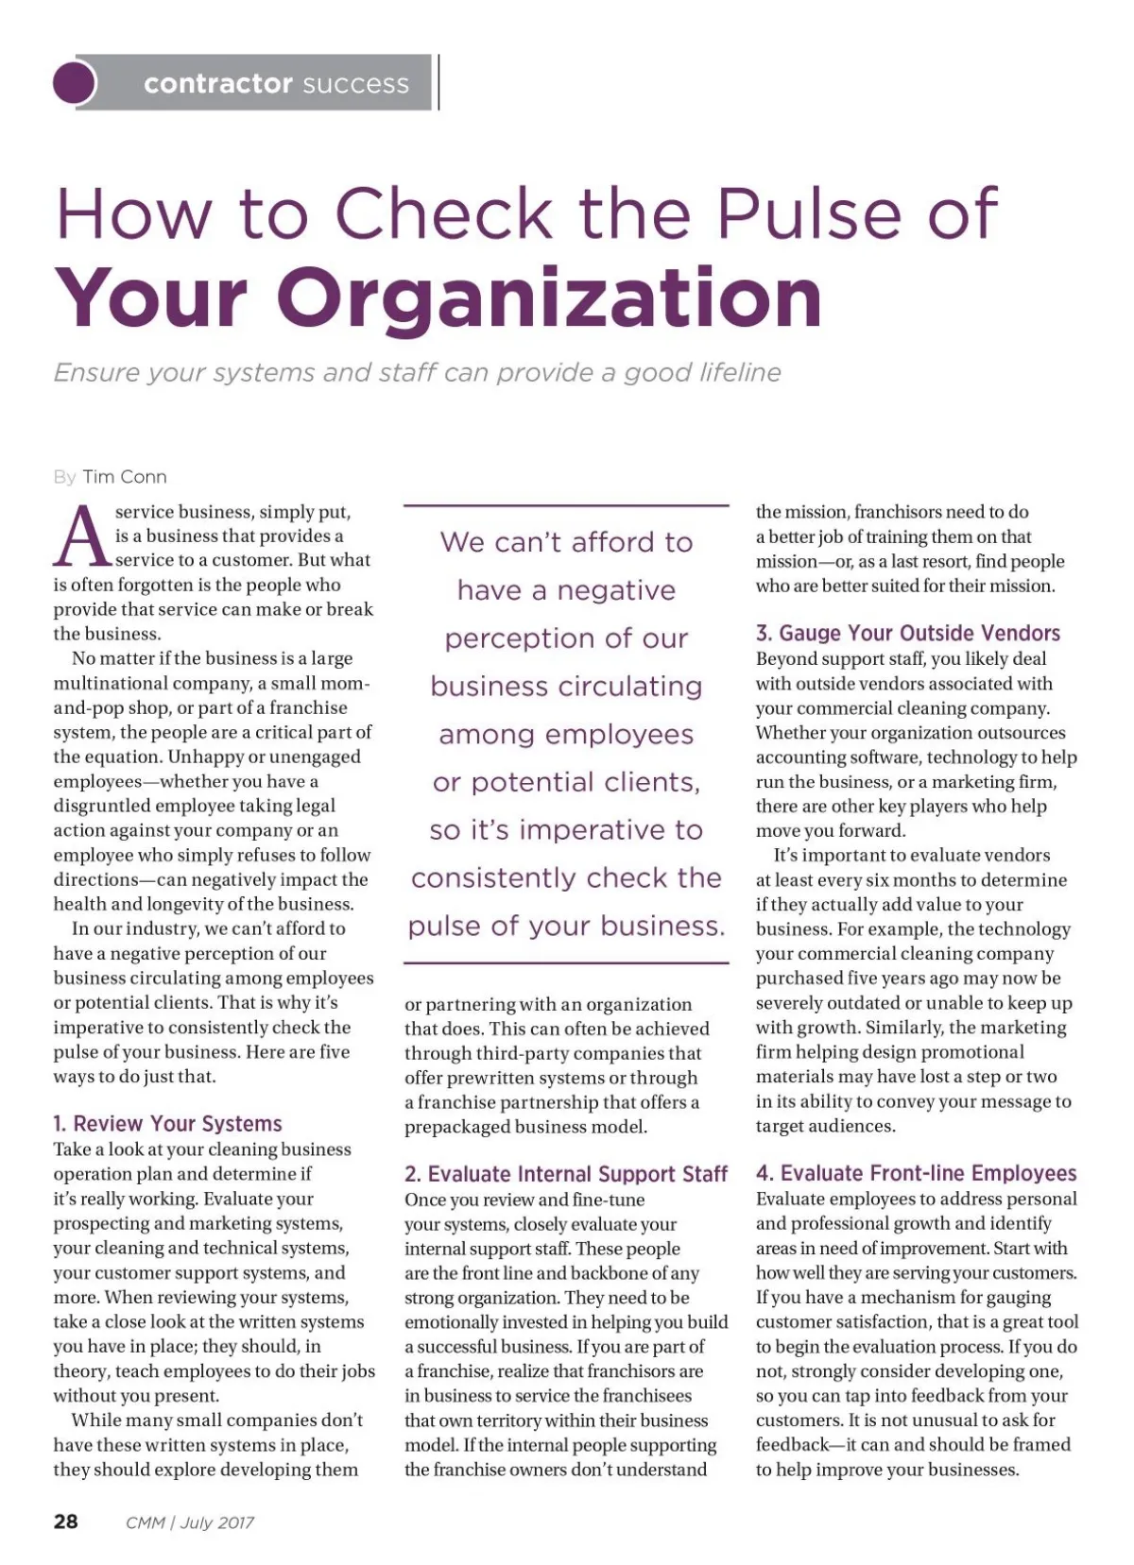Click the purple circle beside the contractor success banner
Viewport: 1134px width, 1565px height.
click(75, 83)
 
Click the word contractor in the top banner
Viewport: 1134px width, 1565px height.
click(217, 84)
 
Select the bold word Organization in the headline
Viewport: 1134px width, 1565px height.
click(549, 298)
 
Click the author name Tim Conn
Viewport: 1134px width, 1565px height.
click(125, 477)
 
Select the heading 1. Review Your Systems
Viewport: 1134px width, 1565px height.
click(168, 1124)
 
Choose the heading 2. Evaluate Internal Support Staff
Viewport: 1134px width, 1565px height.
click(566, 1174)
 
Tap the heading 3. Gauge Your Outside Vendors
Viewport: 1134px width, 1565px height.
click(907, 633)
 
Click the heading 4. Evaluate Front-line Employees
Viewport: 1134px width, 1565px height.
click(916, 1173)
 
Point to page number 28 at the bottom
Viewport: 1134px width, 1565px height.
click(66, 1522)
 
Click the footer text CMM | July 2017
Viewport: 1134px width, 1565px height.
click(190, 1522)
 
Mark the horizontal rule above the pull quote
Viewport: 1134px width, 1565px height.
click(566, 506)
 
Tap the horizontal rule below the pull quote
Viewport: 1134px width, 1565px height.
click(566, 963)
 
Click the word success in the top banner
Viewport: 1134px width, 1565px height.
click(355, 84)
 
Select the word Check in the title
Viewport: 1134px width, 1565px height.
click(443, 213)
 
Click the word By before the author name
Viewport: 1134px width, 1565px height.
click(64, 477)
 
